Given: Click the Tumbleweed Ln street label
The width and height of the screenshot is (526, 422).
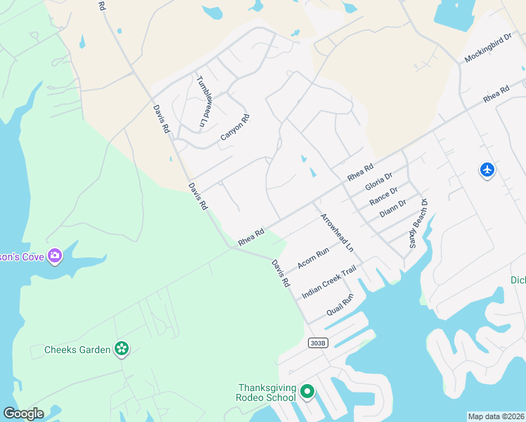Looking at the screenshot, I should point(205,101).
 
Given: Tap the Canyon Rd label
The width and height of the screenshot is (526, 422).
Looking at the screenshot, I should point(235,127).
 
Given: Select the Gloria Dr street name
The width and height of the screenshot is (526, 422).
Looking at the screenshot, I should point(378,181).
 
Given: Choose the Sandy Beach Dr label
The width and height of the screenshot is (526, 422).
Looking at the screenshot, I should point(418,224).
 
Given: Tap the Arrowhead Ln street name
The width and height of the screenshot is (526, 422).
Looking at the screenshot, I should point(337,234).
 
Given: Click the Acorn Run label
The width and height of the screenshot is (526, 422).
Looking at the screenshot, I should point(313,258).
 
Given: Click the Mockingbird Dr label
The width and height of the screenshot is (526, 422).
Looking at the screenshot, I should point(487,49).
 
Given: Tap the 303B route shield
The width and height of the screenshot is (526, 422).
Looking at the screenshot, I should point(319,343).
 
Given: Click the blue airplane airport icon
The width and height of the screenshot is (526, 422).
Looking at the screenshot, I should point(487,170).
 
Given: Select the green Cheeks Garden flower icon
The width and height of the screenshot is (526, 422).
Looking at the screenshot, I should point(122,348).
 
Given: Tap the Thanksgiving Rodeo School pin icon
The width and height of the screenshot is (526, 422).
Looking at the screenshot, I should point(307,391).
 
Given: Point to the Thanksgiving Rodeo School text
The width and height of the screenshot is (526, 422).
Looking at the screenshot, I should point(267,392).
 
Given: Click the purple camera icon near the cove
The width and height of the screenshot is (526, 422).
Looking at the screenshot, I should point(55,255).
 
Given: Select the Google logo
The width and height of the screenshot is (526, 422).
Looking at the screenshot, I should point(23,413).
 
